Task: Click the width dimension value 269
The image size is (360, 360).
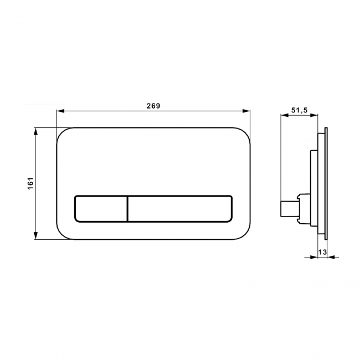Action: click(153, 105)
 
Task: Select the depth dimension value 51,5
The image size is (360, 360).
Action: click(299, 110)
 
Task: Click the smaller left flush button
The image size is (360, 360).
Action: click(100, 208)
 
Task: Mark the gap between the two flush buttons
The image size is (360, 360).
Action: click(128, 208)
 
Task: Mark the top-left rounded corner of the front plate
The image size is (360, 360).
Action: click(62, 133)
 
